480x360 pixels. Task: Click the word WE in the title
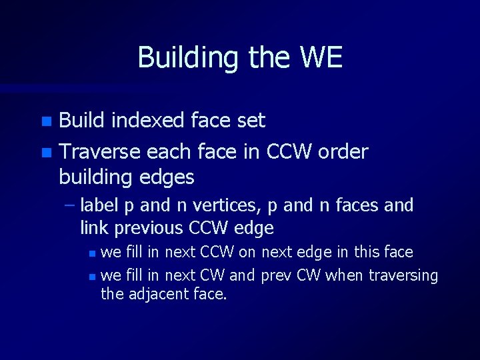(x=321, y=57)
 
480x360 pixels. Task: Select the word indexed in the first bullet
(x=147, y=121)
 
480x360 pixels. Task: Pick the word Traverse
(x=99, y=152)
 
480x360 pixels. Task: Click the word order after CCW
(x=343, y=152)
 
